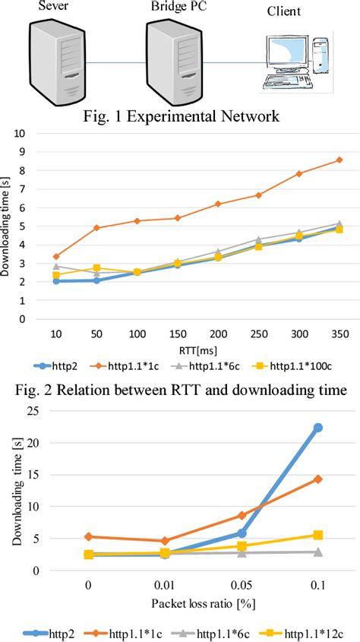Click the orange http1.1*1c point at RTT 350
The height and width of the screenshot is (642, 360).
pyautogui.click(x=339, y=160)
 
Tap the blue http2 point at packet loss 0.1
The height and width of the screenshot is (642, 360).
pyautogui.click(x=318, y=428)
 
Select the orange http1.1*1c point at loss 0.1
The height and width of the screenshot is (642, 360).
pyautogui.click(x=318, y=479)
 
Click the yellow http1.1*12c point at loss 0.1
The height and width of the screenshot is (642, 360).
pyautogui.click(x=318, y=536)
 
